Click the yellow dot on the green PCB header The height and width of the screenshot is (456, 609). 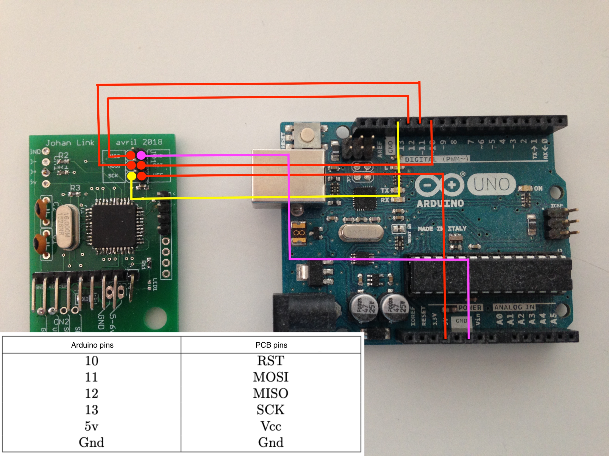coord(132,176)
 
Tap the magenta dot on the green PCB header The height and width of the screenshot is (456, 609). coord(141,155)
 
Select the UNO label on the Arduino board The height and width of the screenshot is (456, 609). coord(491,184)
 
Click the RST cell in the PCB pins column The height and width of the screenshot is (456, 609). coord(271,361)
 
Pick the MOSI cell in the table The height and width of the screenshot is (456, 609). coord(271,377)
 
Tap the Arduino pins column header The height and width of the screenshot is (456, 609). coord(92,345)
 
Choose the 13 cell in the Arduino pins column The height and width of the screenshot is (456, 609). coord(91,410)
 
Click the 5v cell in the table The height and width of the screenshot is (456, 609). coord(91,426)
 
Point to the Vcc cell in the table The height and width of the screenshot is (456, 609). coord(271,426)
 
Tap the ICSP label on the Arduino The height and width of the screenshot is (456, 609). coord(556,206)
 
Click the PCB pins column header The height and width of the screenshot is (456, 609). coord(271,345)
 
